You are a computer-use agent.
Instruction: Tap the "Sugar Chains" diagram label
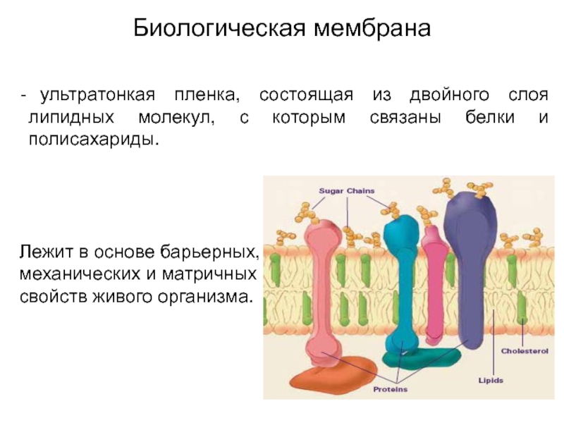[x=347, y=190]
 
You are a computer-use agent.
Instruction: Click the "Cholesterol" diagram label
[x=520, y=350]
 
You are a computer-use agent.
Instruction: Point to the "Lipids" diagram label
[x=491, y=381]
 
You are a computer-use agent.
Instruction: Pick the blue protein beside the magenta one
[x=400, y=282]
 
